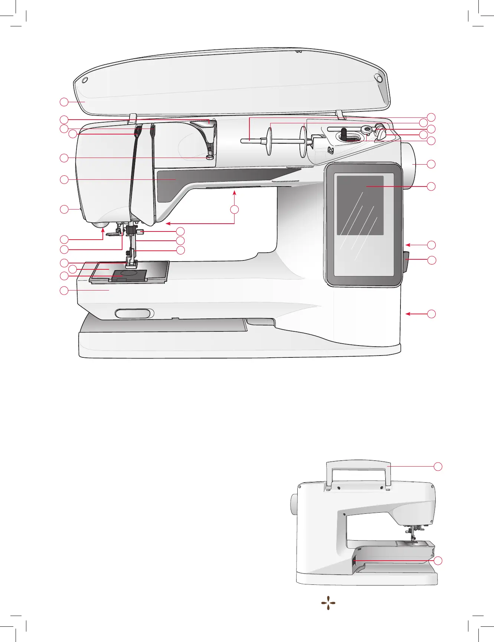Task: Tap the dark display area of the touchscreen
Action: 360,205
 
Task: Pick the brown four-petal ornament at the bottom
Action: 328,604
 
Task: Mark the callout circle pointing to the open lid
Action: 64,102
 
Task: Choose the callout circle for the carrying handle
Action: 438,466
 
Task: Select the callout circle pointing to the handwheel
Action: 431,164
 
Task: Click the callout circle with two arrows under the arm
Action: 234,210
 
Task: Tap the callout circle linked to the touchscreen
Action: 431,186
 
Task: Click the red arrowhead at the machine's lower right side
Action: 408,314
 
